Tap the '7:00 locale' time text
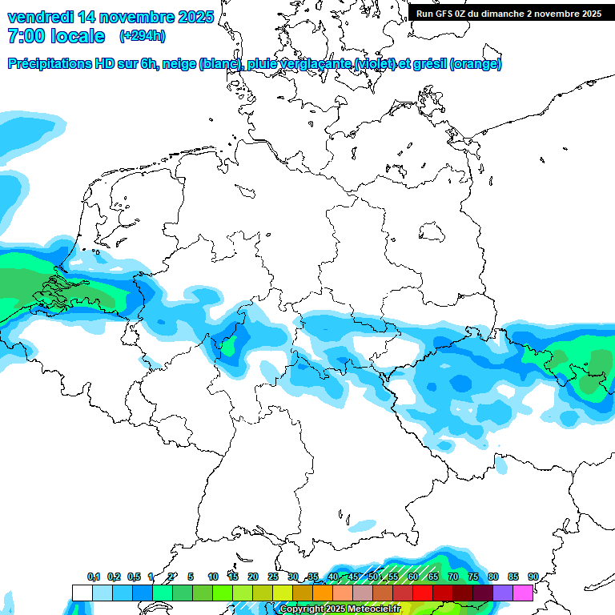56,36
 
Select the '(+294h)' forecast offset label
143,36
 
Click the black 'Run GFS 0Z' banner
508,14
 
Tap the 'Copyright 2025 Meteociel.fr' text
340,609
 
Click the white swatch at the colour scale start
82,593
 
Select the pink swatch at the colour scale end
523,593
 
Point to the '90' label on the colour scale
533,577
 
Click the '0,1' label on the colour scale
93,577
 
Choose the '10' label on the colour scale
212,577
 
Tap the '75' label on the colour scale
472,577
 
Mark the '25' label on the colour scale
272,577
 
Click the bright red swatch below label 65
423,593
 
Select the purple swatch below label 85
503,593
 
